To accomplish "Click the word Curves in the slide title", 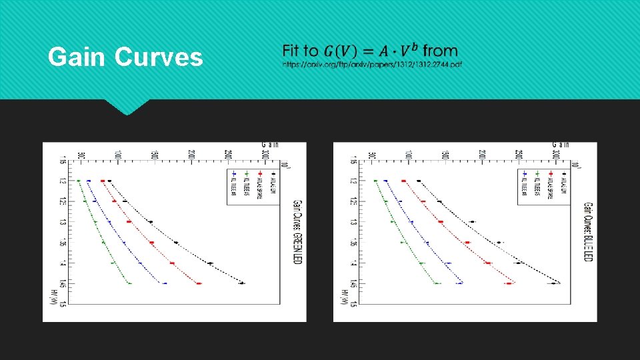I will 159,57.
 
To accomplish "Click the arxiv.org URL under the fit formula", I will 371,65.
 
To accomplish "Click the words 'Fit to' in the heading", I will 300,51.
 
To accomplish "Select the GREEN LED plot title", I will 298,231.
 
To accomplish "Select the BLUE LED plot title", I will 588,231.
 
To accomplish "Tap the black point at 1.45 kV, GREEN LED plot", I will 242,283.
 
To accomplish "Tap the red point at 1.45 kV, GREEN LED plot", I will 199,284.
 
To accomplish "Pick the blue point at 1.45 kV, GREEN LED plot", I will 164,284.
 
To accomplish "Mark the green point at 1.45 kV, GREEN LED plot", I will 129,284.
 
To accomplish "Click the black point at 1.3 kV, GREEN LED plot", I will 150,222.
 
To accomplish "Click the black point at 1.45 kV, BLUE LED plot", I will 553,283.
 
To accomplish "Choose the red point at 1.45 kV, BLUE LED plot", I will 509,284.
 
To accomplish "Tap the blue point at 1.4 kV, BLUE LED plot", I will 448,263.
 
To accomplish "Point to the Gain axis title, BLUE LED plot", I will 560,143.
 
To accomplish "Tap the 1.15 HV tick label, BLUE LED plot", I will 353,160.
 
